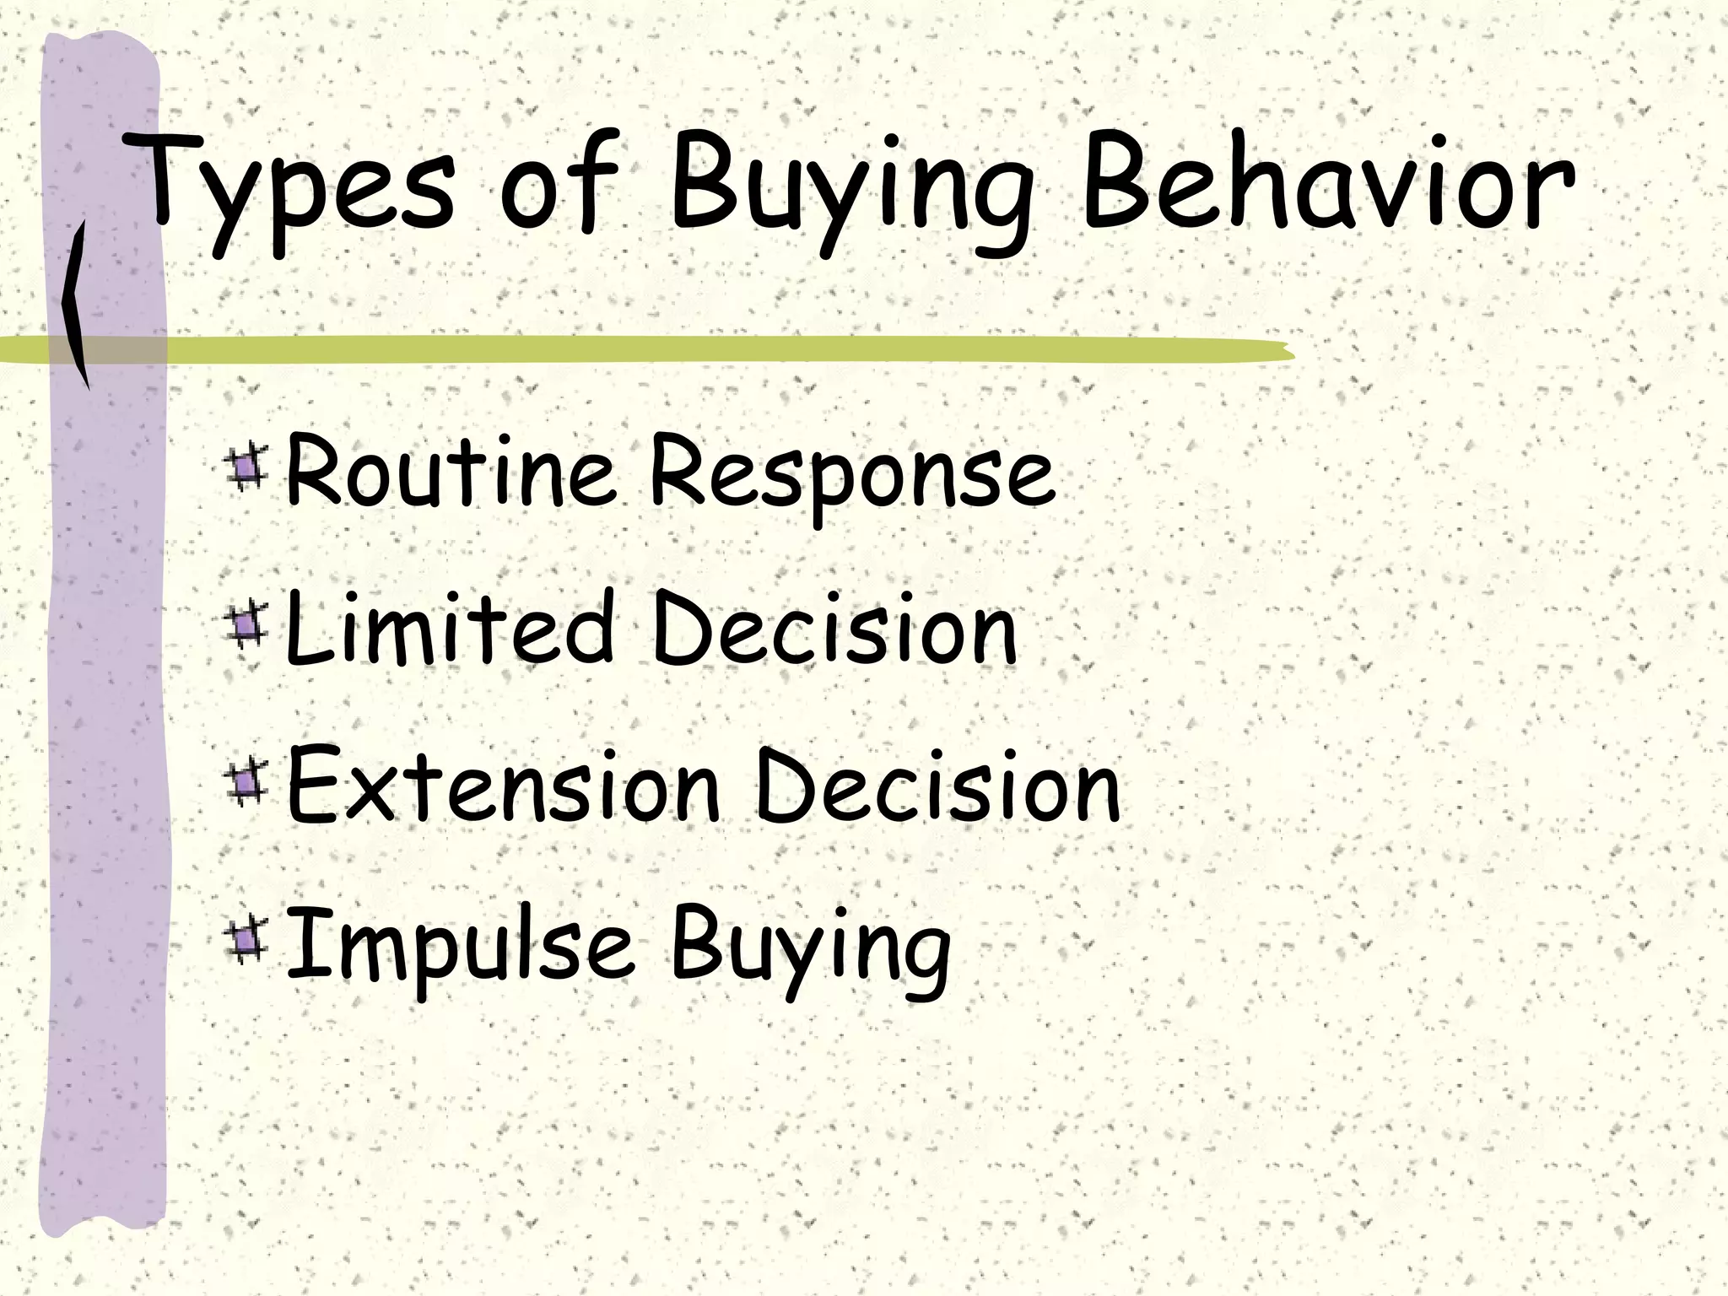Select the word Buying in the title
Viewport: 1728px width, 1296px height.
click(x=852, y=190)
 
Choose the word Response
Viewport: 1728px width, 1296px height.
click(x=852, y=477)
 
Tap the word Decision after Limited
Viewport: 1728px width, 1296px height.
click(x=835, y=629)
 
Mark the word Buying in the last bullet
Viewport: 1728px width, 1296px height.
click(x=810, y=949)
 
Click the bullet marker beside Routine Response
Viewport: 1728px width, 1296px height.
click(x=246, y=469)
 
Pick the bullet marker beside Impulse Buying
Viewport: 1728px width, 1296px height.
click(x=246, y=942)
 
